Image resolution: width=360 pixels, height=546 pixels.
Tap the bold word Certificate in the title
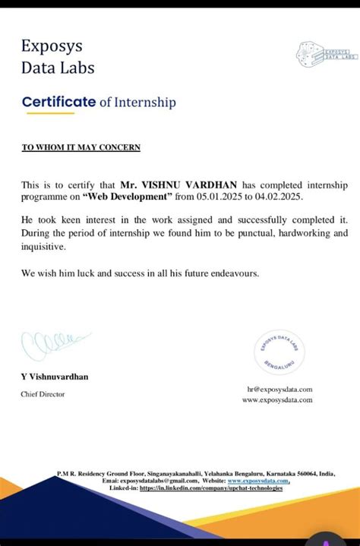pyautogui.click(x=58, y=102)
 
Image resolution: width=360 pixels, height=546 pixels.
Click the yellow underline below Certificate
pyautogui.click(x=50, y=113)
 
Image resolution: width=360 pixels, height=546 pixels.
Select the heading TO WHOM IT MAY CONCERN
pyautogui.click(x=81, y=147)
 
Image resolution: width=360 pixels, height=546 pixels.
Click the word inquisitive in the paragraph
pyautogui.click(x=43, y=247)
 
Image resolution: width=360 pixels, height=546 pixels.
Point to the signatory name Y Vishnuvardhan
pyautogui.click(x=54, y=377)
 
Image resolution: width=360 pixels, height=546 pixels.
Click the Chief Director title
pyautogui.click(x=43, y=394)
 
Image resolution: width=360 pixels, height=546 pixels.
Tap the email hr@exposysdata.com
pyautogui.click(x=279, y=389)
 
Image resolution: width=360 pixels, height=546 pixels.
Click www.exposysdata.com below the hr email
pyautogui.click(x=277, y=399)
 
